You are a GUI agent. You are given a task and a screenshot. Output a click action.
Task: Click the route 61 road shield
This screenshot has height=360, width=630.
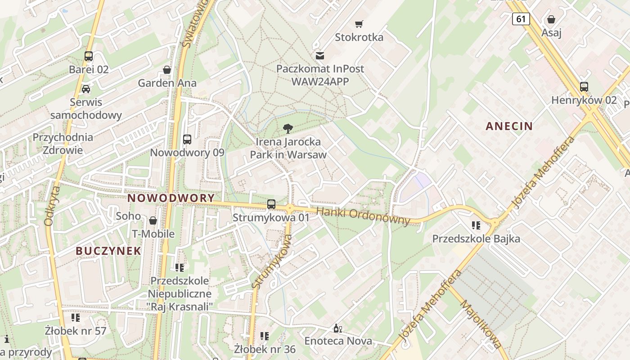coord(521,19)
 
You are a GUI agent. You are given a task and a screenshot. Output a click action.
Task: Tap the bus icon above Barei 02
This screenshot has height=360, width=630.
coord(89,56)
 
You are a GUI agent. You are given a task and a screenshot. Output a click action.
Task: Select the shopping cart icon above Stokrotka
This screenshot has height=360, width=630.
coord(359,24)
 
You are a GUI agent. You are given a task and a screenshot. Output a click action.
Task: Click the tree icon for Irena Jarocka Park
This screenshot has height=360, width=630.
coord(288,129)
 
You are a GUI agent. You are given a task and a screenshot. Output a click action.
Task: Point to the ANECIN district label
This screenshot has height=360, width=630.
coord(509,126)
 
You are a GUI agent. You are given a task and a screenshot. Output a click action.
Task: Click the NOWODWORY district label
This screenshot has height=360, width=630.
coord(171,198)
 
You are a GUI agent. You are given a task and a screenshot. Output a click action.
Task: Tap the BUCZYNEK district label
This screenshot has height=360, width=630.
coord(108,251)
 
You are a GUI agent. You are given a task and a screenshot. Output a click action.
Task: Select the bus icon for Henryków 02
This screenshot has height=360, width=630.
coord(584,87)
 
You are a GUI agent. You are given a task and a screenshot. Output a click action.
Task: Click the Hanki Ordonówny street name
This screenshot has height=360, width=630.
coord(363,216)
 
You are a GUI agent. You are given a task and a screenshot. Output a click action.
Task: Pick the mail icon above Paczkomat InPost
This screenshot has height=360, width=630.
coord(320,56)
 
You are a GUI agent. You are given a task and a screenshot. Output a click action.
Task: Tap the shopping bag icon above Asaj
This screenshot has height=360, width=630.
coord(551,19)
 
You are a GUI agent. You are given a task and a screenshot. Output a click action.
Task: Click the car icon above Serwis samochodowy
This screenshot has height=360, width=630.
coord(86,89)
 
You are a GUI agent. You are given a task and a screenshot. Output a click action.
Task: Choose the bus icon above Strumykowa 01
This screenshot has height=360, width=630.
coord(271,204)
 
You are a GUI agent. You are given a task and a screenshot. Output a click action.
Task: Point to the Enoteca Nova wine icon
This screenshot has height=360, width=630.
coord(338,328)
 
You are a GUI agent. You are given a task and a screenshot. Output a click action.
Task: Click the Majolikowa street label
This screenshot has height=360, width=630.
coord(480,324)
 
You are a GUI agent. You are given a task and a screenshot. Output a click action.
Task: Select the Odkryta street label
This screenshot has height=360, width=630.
coord(52,206)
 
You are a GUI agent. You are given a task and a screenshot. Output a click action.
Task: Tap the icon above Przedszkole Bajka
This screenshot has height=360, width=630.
coord(476,225)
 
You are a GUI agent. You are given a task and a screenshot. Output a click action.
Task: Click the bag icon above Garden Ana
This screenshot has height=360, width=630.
coord(167,70)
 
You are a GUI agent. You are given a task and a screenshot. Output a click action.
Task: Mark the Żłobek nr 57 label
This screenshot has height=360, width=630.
coord(76,331)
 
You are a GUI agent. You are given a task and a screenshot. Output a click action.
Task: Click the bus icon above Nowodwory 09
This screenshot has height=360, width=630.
coord(187,139)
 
